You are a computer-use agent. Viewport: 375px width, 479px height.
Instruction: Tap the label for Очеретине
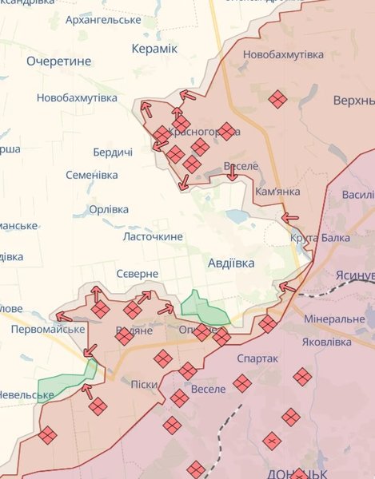point(58,61)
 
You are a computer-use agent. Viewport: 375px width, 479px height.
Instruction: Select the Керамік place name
point(154,49)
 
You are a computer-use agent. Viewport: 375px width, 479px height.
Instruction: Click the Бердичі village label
point(113,152)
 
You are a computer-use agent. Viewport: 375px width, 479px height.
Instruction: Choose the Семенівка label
point(92,174)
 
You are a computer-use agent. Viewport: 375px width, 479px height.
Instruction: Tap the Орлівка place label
point(109,209)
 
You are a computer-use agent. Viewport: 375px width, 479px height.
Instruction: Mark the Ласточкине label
point(153,236)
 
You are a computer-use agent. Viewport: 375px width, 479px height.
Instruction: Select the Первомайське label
point(48,329)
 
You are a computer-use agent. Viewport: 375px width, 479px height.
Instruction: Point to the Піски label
point(144,384)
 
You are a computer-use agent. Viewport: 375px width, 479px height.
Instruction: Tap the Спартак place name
point(257,358)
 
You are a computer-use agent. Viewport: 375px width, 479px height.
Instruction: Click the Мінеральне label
point(334,319)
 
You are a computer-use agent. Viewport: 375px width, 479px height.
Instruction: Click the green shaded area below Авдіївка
point(203,307)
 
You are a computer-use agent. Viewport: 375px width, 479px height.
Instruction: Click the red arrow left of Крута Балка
point(289,216)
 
